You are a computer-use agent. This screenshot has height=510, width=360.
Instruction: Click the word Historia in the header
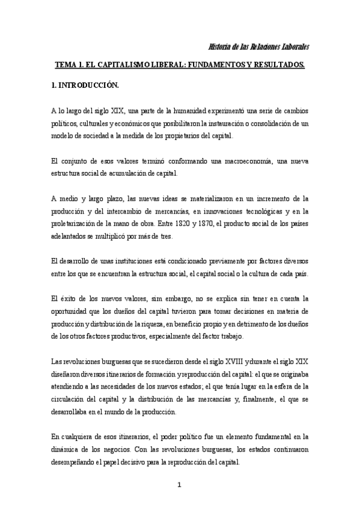219,47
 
